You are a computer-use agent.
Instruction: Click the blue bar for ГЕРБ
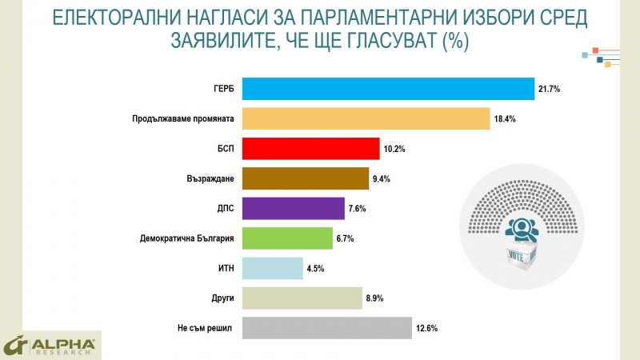(387, 89)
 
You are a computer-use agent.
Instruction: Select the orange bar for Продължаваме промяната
(365, 118)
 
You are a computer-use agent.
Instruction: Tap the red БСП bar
(310, 149)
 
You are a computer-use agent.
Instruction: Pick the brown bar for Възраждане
(305, 178)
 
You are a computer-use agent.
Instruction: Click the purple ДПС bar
(293, 209)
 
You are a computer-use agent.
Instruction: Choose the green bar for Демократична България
(286, 238)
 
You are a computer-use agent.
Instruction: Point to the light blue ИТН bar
(272, 268)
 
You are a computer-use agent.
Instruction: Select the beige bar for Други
(302, 298)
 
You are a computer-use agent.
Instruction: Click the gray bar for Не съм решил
(326, 328)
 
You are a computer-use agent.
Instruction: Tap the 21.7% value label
(548, 89)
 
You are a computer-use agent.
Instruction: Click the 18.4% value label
(503, 118)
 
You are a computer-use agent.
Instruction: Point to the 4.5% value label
(318, 269)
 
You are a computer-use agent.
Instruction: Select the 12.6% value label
(426, 328)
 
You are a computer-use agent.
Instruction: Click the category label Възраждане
(209, 178)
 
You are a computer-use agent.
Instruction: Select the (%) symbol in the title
(454, 40)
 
